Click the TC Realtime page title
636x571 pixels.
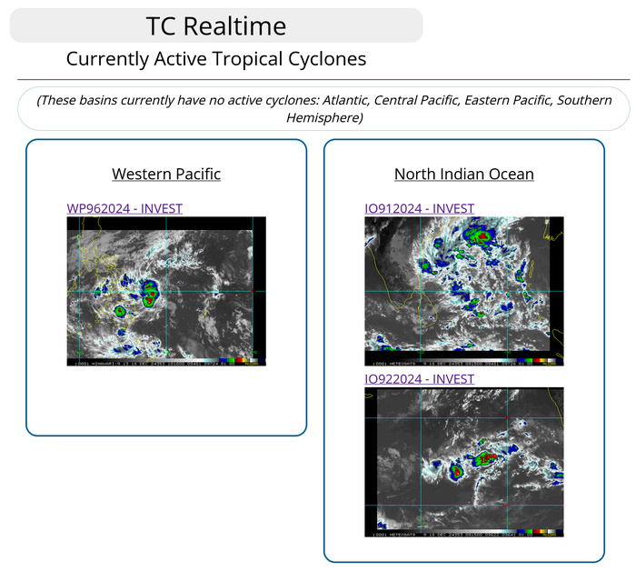215,25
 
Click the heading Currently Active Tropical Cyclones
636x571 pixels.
216,59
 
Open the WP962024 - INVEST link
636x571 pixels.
124,208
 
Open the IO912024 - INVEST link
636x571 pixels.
419,208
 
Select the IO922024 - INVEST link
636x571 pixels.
419,378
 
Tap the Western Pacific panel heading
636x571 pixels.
166,174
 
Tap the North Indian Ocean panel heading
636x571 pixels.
463,174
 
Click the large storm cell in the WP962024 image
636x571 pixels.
149,291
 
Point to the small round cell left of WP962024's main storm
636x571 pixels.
120,310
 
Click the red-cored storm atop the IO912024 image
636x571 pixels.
479,236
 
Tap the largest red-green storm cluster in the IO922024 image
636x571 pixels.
488,459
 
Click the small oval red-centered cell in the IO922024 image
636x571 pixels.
456,470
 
